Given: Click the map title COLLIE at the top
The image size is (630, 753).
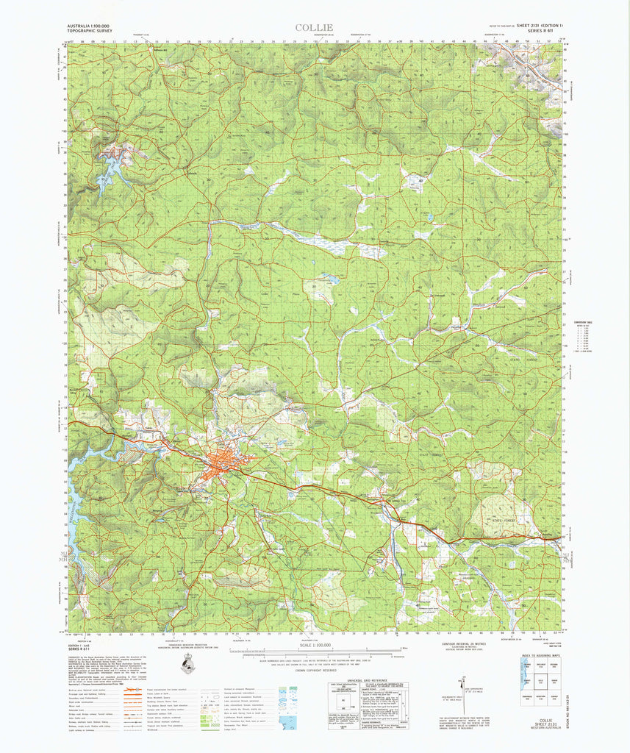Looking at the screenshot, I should coord(314,28).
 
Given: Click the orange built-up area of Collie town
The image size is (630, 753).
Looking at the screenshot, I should coord(221,464).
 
